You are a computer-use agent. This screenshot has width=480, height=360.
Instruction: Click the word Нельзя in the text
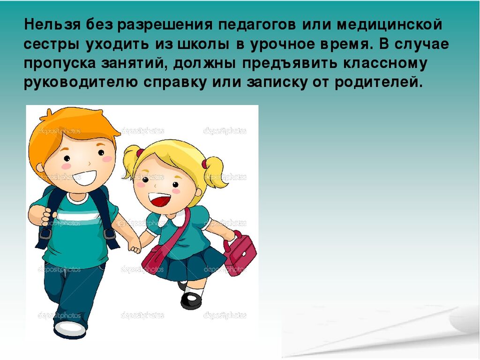tap(52, 24)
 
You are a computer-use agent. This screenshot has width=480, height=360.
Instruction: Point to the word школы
tap(203, 45)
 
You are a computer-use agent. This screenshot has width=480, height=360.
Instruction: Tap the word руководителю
tap(81, 83)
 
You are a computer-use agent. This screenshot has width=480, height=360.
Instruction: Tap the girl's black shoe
tap(192, 300)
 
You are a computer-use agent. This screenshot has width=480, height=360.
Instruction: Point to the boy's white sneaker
tap(70, 329)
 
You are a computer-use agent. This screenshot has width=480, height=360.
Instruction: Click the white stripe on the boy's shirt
tap(78, 216)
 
